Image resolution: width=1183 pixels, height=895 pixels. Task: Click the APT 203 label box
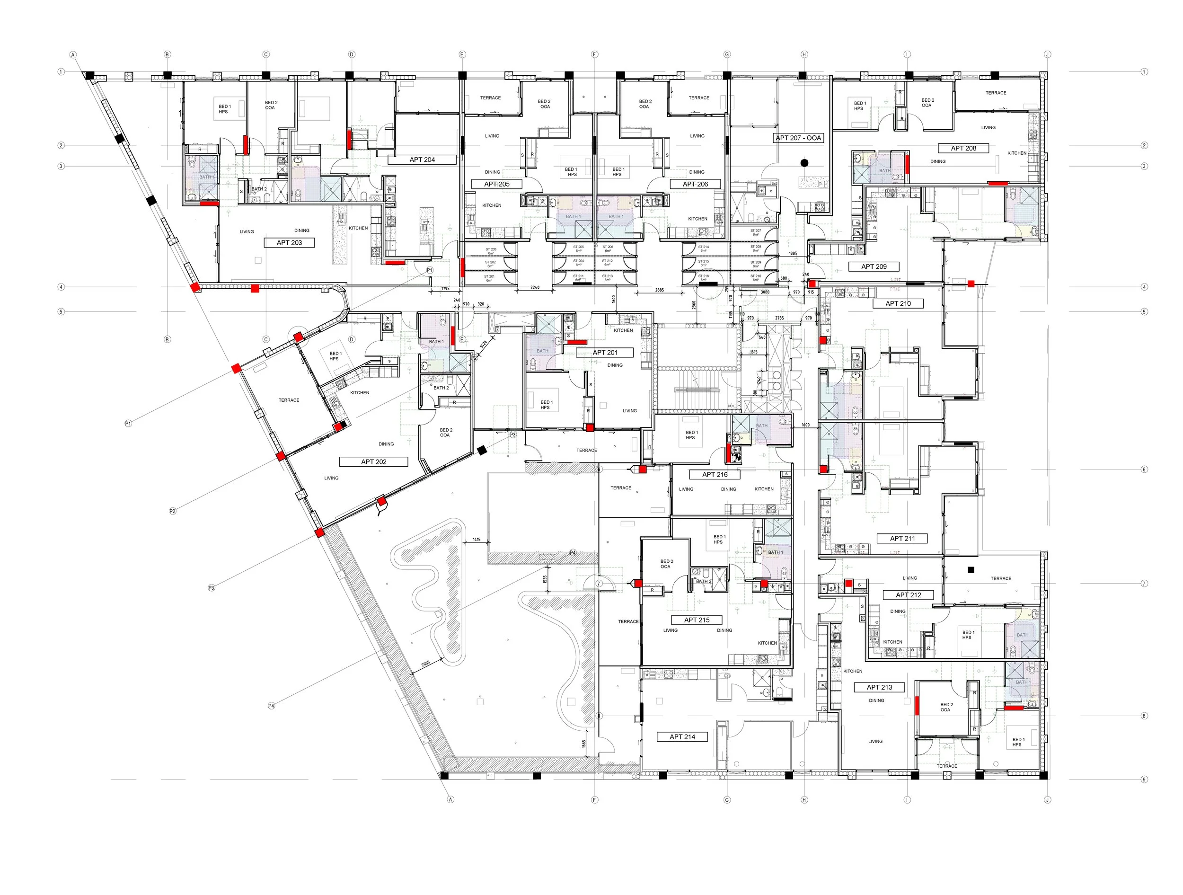click(x=289, y=242)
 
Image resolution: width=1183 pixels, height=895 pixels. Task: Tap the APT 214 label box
click(x=682, y=736)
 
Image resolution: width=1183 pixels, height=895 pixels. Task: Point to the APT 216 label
click(x=715, y=475)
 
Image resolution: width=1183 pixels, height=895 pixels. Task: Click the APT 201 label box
click(x=604, y=353)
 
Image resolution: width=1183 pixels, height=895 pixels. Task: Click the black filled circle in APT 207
click(x=804, y=163)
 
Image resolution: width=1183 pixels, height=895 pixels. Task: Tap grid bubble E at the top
click(x=462, y=54)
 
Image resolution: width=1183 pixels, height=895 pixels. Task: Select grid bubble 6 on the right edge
click(x=1144, y=469)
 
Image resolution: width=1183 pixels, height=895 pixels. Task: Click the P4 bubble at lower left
click(x=271, y=706)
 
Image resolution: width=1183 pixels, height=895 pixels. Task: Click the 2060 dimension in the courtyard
click(x=426, y=664)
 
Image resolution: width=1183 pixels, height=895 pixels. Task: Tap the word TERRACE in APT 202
click(x=289, y=400)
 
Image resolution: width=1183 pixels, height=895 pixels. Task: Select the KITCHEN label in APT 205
click(x=492, y=205)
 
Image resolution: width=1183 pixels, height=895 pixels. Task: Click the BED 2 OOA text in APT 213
click(x=946, y=707)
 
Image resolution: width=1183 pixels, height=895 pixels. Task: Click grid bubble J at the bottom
click(x=1047, y=800)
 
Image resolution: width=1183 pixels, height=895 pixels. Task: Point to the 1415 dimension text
click(x=476, y=540)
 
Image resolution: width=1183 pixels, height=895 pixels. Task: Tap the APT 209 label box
click(x=874, y=266)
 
